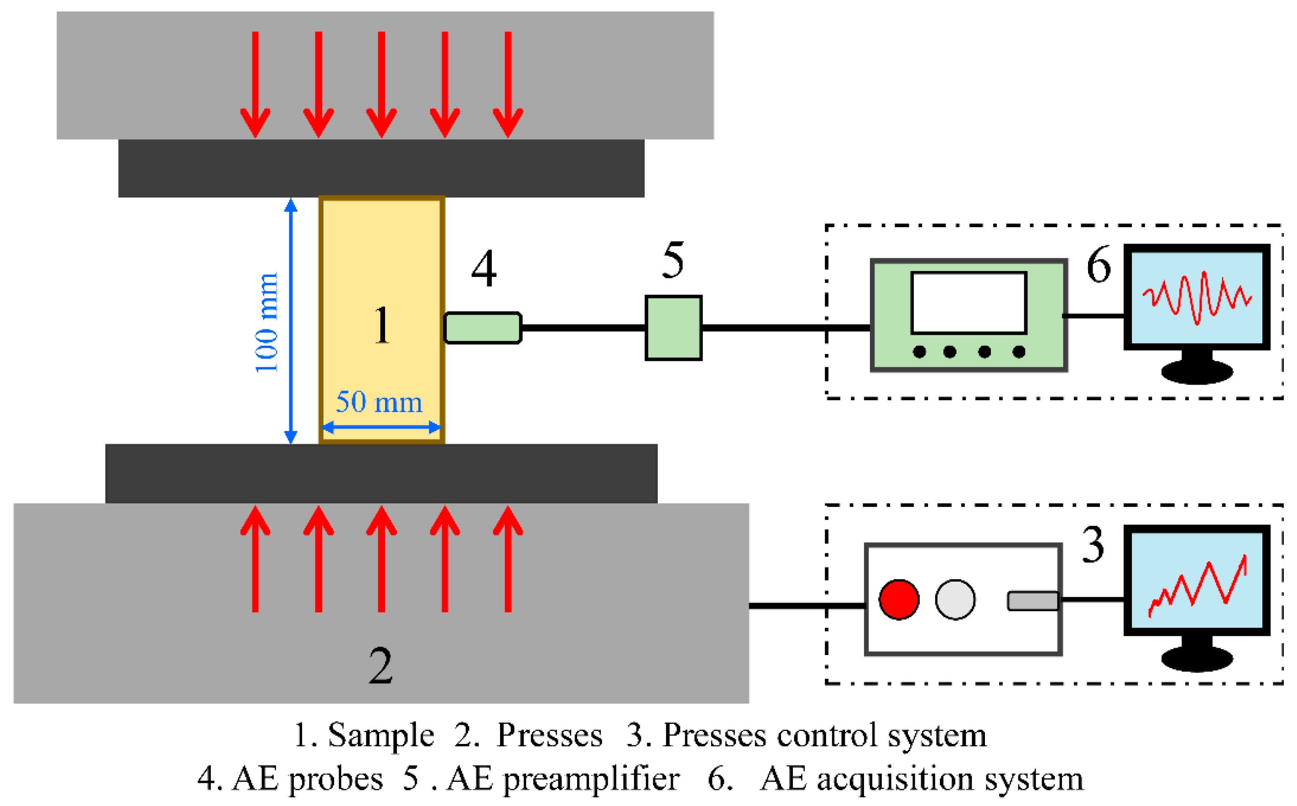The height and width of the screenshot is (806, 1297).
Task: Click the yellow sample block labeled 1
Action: pyautogui.click(x=382, y=320)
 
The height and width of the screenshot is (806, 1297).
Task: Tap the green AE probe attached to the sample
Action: pyautogui.click(x=483, y=328)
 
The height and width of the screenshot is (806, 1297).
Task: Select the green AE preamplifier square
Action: pyautogui.click(x=673, y=328)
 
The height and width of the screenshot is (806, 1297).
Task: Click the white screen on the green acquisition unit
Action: pyautogui.click(x=969, y=303)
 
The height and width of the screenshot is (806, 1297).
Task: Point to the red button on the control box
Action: pyautogui.click(x=899, y=600)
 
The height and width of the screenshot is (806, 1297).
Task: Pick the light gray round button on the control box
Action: pyautogui.click(x=955, y=600)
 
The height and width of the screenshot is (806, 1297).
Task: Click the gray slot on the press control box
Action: pyautogui.click(x=1032, y=601)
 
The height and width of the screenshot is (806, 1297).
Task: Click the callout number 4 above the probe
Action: pyautogui.click(x=484, y=268)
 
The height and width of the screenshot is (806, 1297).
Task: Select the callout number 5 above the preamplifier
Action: pyautogui.click(x=673, y=260)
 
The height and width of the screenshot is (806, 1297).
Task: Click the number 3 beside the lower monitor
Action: pyautogui.click(x=1093, y=544)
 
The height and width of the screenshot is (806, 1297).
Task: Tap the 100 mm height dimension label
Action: pyautogui.click(x=266, y=322)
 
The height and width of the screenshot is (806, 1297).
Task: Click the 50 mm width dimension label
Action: pyautogui.click(x=379, y=402)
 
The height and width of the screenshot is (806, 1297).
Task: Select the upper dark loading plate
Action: pyautogui.click(x=381, y=168)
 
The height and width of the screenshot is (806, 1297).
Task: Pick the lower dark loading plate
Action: pyautogui.click(x=381, y=473)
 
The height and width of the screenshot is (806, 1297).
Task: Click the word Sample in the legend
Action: pyautogui.click(x=380, y=735)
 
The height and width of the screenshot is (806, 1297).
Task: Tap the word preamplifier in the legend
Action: pyautogui.click(x=591, y=780)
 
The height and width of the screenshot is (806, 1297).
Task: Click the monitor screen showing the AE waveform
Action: pyautogui.click(x=1197, y=297)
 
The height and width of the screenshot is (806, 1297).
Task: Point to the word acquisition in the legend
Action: pyautogui.click(x=895, y=780)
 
